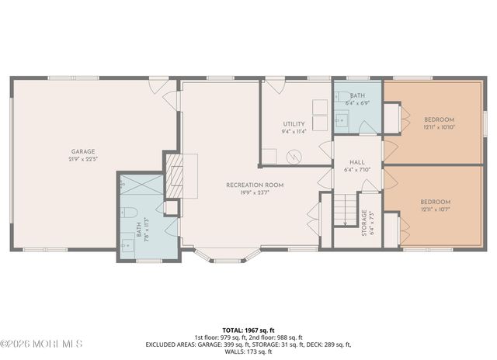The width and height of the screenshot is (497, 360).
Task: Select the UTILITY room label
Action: pos(294,123)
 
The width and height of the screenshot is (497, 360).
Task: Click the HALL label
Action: pos(357,162)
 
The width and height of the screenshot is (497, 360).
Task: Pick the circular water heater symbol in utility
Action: pos(294,156)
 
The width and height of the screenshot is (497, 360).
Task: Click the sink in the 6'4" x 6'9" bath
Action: pos(340,120)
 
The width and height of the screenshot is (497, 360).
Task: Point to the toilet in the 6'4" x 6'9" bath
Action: pos(342,98)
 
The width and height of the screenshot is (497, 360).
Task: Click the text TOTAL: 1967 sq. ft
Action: pos(248,330)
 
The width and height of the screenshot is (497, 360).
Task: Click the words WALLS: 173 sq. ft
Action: pos(248,352)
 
